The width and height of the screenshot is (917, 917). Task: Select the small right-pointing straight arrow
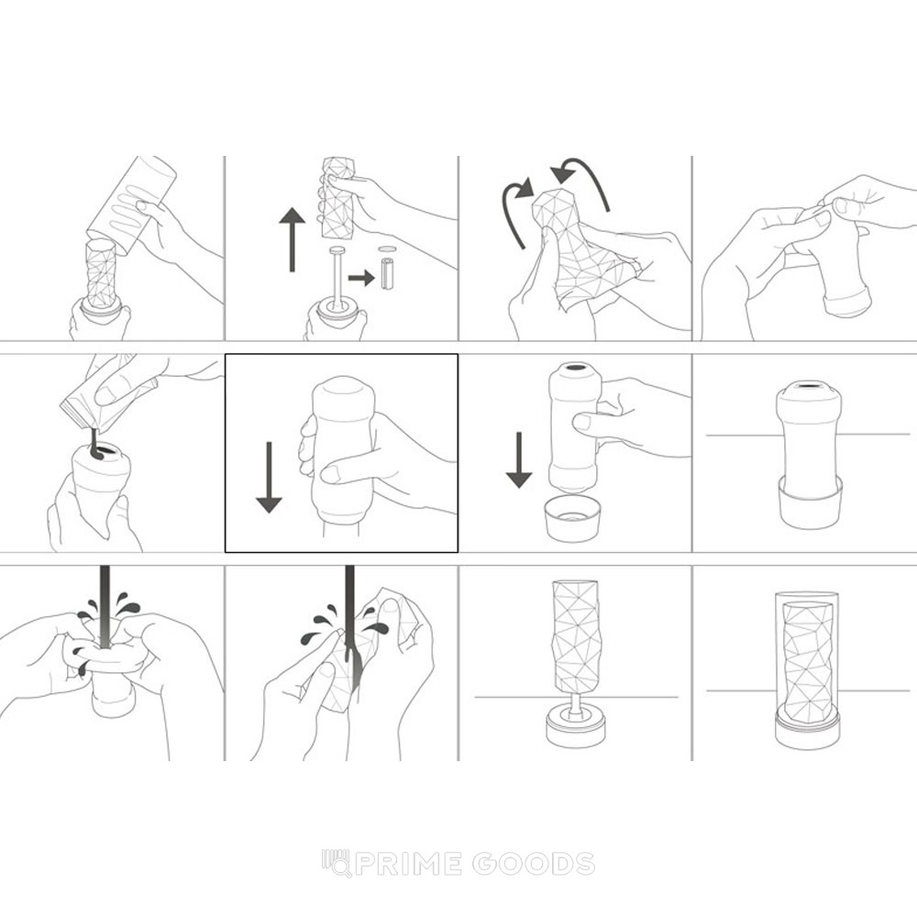tap(360, 277)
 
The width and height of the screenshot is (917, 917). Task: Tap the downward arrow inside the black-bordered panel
tap(269, 477)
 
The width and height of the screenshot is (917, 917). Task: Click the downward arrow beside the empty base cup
tap(519, 459)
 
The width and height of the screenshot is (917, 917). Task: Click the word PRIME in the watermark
tap(408, 864)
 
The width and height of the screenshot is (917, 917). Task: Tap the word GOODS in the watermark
tap(534, 864)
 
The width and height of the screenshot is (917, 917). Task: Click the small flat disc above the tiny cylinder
tap(387, 249)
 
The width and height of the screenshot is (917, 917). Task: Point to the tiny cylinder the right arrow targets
tap(387, 272)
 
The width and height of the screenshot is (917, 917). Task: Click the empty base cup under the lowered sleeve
tap(572, 518)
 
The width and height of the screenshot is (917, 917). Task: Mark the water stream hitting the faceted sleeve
tap(349, 620)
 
